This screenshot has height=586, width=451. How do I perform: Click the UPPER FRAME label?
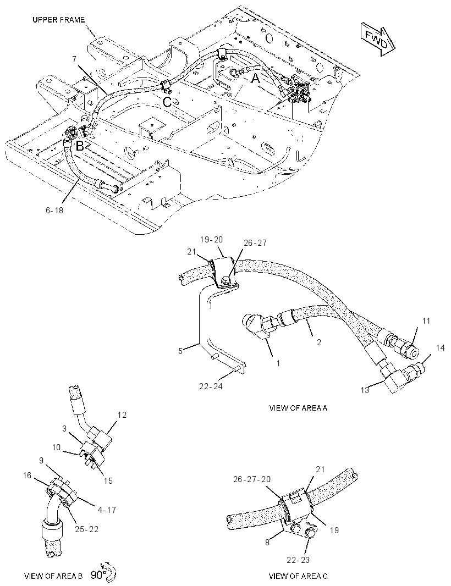[x=59, y=20]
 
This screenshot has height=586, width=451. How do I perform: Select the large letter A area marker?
[x=255, y=79]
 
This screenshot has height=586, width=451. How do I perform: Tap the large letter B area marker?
[x=80, y=146]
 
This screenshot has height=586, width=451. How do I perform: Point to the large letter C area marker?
[x=167, y=102]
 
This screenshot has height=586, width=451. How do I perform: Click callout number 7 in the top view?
[x=74, y=59]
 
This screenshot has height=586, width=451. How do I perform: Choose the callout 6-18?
[x=54, y=211]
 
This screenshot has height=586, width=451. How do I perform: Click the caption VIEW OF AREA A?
[x=298, y=408]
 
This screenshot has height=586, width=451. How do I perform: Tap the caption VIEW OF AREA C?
[x=298, y=576]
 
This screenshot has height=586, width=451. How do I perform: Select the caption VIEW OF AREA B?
[x=53, y=576]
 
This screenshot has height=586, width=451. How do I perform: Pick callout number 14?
[x=440, y=348]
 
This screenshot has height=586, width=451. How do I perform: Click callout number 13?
[x=365, y=390]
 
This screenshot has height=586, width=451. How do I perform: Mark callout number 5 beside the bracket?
[x=180, y=351]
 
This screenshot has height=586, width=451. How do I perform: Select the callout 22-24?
[x=211, y=386]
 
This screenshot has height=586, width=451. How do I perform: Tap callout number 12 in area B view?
[x=122, y=415]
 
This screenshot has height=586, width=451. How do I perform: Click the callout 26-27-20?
[x=251, y=479]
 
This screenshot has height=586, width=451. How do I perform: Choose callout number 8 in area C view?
[x=267, y=542]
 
